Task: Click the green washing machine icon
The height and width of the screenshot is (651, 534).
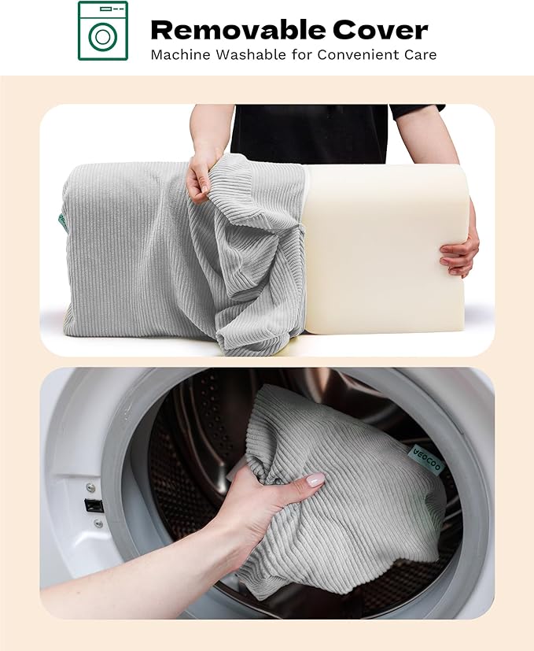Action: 103,31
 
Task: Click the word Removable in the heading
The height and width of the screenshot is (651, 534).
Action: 238,30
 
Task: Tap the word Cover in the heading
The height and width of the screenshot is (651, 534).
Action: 380,30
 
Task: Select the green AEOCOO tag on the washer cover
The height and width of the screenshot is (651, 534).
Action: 428,459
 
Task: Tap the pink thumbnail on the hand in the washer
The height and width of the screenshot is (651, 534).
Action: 315,480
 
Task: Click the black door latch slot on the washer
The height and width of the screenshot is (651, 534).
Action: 94,505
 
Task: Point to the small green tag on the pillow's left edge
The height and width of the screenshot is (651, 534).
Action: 62,223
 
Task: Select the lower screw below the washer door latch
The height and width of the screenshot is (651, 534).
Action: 98,523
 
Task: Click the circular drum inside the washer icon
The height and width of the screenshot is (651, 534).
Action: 102,37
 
